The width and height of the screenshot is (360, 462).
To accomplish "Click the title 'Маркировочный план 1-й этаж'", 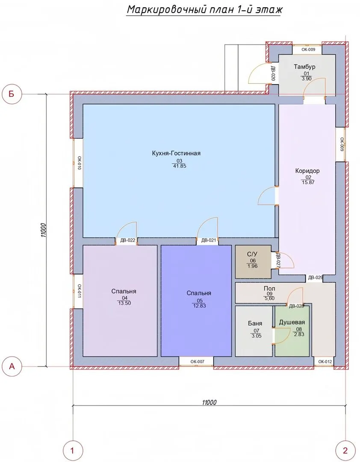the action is coord(204,10).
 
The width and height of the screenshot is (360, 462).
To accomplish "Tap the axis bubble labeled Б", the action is coord(12,94).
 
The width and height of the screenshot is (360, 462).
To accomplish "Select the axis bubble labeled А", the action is coord(12,366).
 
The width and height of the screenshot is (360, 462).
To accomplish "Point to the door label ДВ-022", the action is coord(127,240).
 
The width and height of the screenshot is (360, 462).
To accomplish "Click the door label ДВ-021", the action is coord(209,240).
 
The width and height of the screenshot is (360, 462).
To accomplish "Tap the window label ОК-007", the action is coord(197,361).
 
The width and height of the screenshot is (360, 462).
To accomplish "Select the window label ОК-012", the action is coord(325,361).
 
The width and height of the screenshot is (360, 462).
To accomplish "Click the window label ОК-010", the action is coord(79,163).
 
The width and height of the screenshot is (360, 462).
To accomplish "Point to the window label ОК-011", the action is coord(79,291).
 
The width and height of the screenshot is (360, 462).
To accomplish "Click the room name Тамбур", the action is coord(304,67).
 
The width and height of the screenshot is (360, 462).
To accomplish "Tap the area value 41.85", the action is coord(180,166).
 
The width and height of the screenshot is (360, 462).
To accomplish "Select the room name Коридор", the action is coord(307,171).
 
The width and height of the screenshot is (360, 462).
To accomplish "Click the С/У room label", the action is coord(253,254).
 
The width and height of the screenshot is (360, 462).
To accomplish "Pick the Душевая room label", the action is coord(292,323).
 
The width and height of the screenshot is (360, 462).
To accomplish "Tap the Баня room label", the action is coord(255,323).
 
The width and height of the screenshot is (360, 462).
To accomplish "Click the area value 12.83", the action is coord(199,306).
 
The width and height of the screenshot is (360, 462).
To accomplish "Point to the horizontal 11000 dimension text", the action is coord(209,402).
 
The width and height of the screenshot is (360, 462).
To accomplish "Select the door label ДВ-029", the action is coord(316,278).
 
